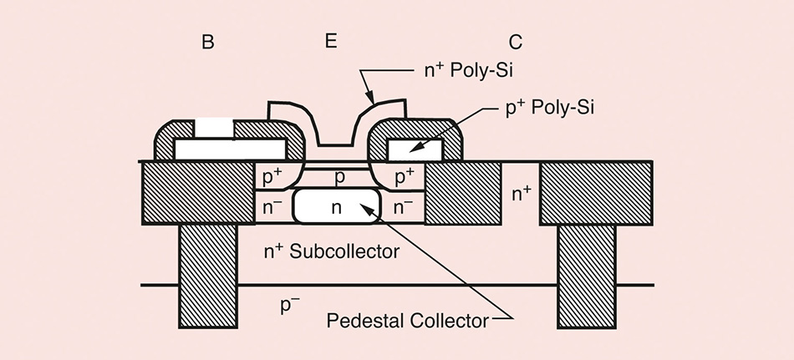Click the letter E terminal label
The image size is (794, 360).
(x=330, y=40)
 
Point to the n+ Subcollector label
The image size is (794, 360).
(x=331, y=250)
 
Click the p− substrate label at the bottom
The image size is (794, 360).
(x=290, y=305)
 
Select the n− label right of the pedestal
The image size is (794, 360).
(x=405, y=205)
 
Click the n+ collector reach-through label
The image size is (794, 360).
(x=522, y=194)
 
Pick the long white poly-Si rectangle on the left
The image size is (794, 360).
(x=230, y=149)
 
